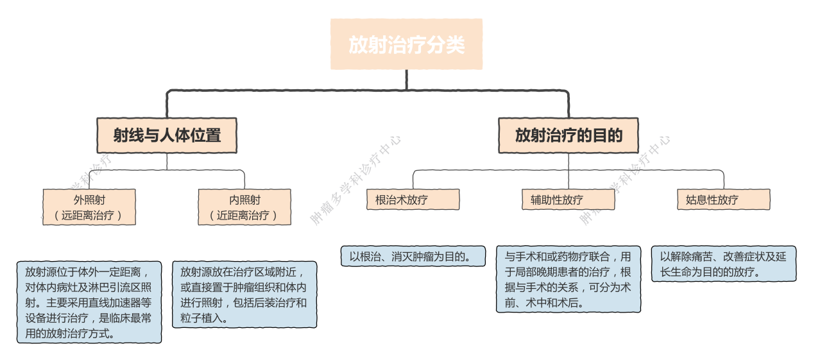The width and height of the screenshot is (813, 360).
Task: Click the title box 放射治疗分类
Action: [406, 44]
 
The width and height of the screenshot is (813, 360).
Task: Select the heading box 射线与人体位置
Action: [167, 135]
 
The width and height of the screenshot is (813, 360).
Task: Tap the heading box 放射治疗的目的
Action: [568, 135]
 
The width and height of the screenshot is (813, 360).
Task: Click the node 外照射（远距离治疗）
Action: [89, 207]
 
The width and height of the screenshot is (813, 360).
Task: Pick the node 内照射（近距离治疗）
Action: [244, 207]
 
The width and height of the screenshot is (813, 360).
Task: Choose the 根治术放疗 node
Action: [413, 200]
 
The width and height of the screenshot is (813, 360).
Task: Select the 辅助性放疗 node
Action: [568, 200]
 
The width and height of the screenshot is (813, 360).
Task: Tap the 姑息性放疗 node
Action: [723, 200]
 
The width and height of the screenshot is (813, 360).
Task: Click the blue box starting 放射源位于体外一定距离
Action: [89, 302]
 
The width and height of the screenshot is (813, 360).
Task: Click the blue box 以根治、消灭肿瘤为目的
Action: [413, 256]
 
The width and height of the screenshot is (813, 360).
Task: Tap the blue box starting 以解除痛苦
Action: [723, 264]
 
